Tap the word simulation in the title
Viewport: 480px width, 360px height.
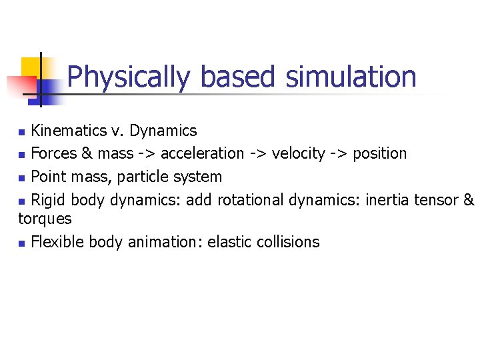click(351, 77)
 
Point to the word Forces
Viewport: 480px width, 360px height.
click(54, 153)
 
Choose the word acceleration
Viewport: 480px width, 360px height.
click(203, 153)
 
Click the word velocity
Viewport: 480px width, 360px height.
click(298, 153)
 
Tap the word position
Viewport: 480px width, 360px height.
click(379, 153)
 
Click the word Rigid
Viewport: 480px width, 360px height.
click(49, 200)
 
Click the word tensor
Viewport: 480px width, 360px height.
click(435, 200)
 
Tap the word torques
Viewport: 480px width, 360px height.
click(45, 219)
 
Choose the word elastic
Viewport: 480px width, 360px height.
click(228, 242)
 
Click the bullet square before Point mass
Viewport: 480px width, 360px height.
click(22, 178)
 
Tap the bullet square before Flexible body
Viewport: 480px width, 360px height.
click(22, 243)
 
